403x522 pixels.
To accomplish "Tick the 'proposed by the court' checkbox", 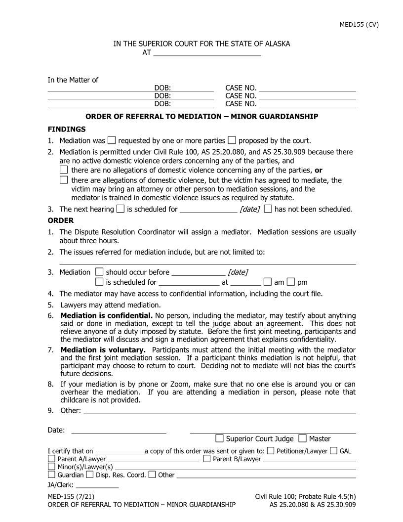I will (x=232, y=140).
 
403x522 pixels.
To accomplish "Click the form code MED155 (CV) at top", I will (x=359, y=25).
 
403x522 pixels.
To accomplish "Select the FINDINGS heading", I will (x=67, y=129).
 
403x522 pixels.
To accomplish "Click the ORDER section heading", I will (x=60, y=220).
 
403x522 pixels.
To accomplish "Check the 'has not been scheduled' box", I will (x=268, y=209).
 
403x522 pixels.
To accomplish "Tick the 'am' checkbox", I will (x=268, y=282).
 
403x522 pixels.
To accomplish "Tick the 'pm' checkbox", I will (x=291, y=282).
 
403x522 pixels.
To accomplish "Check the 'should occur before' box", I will (x=99, y=272).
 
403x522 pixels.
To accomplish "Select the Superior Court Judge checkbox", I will (x=220, y=438).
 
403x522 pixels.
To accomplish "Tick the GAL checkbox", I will (x=334, y=450).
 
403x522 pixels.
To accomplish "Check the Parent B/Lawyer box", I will (x=207, y=459).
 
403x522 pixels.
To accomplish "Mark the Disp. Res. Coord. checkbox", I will (x=90, y=475).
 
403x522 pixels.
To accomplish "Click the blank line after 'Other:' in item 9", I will (x=219, y=411).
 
